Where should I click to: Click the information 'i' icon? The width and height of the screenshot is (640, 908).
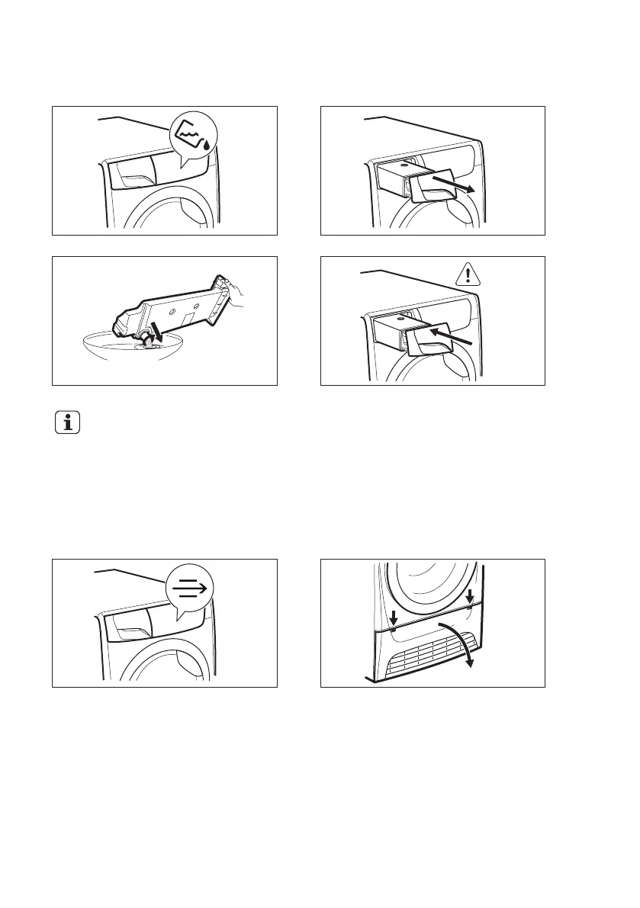tap(68, 423)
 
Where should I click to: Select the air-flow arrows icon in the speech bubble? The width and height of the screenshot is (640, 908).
tap(191, 589)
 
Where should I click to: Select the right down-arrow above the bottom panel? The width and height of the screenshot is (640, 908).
tap(469, 595)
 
